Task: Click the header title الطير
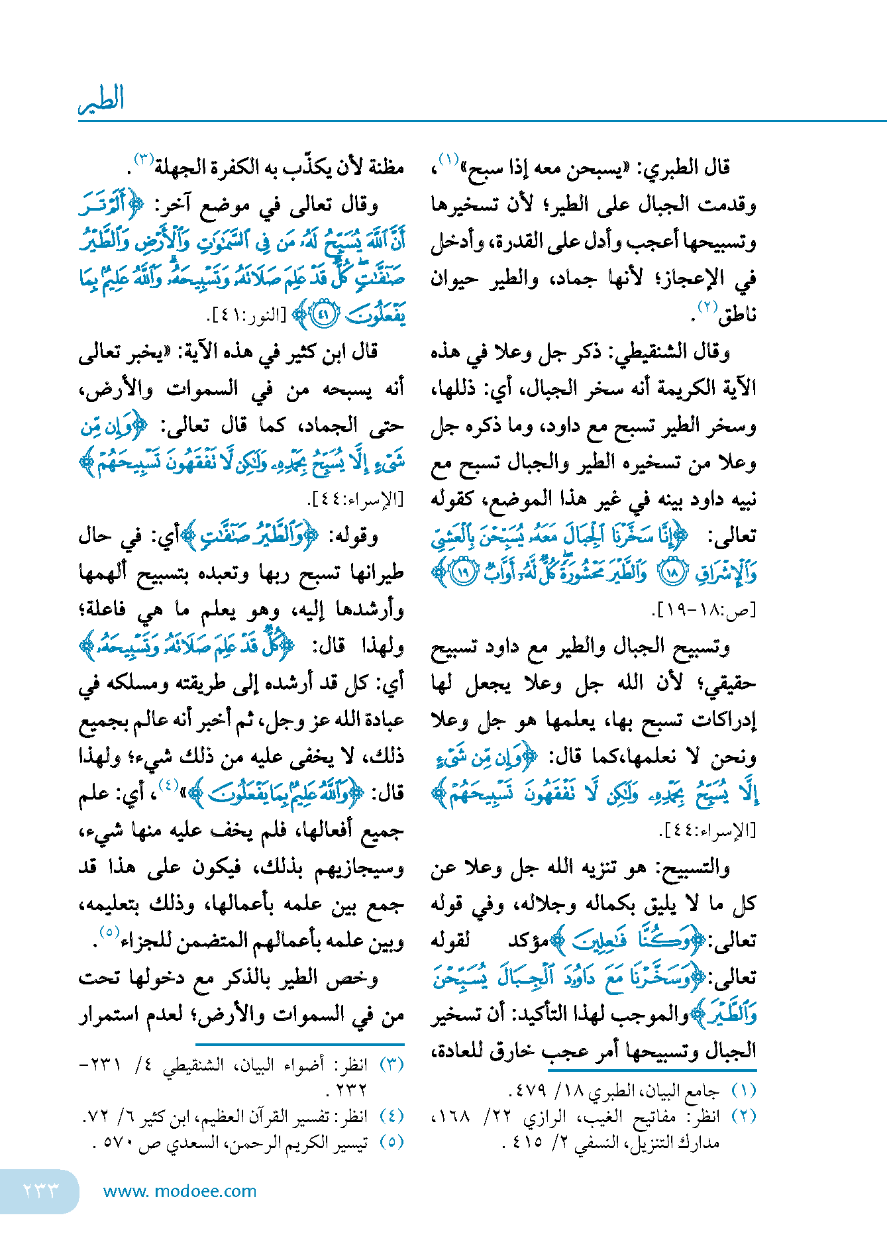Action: click(x=101, y=100)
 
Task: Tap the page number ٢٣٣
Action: click(x=41, y=1190)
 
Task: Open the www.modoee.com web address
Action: click(x=180, y=1191)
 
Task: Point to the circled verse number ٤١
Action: click(x=323, y=315)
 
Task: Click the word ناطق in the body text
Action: click(x=737, y=315)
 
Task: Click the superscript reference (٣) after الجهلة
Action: click(x=144, y=159)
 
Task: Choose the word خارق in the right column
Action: click(x=521, y=1051)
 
